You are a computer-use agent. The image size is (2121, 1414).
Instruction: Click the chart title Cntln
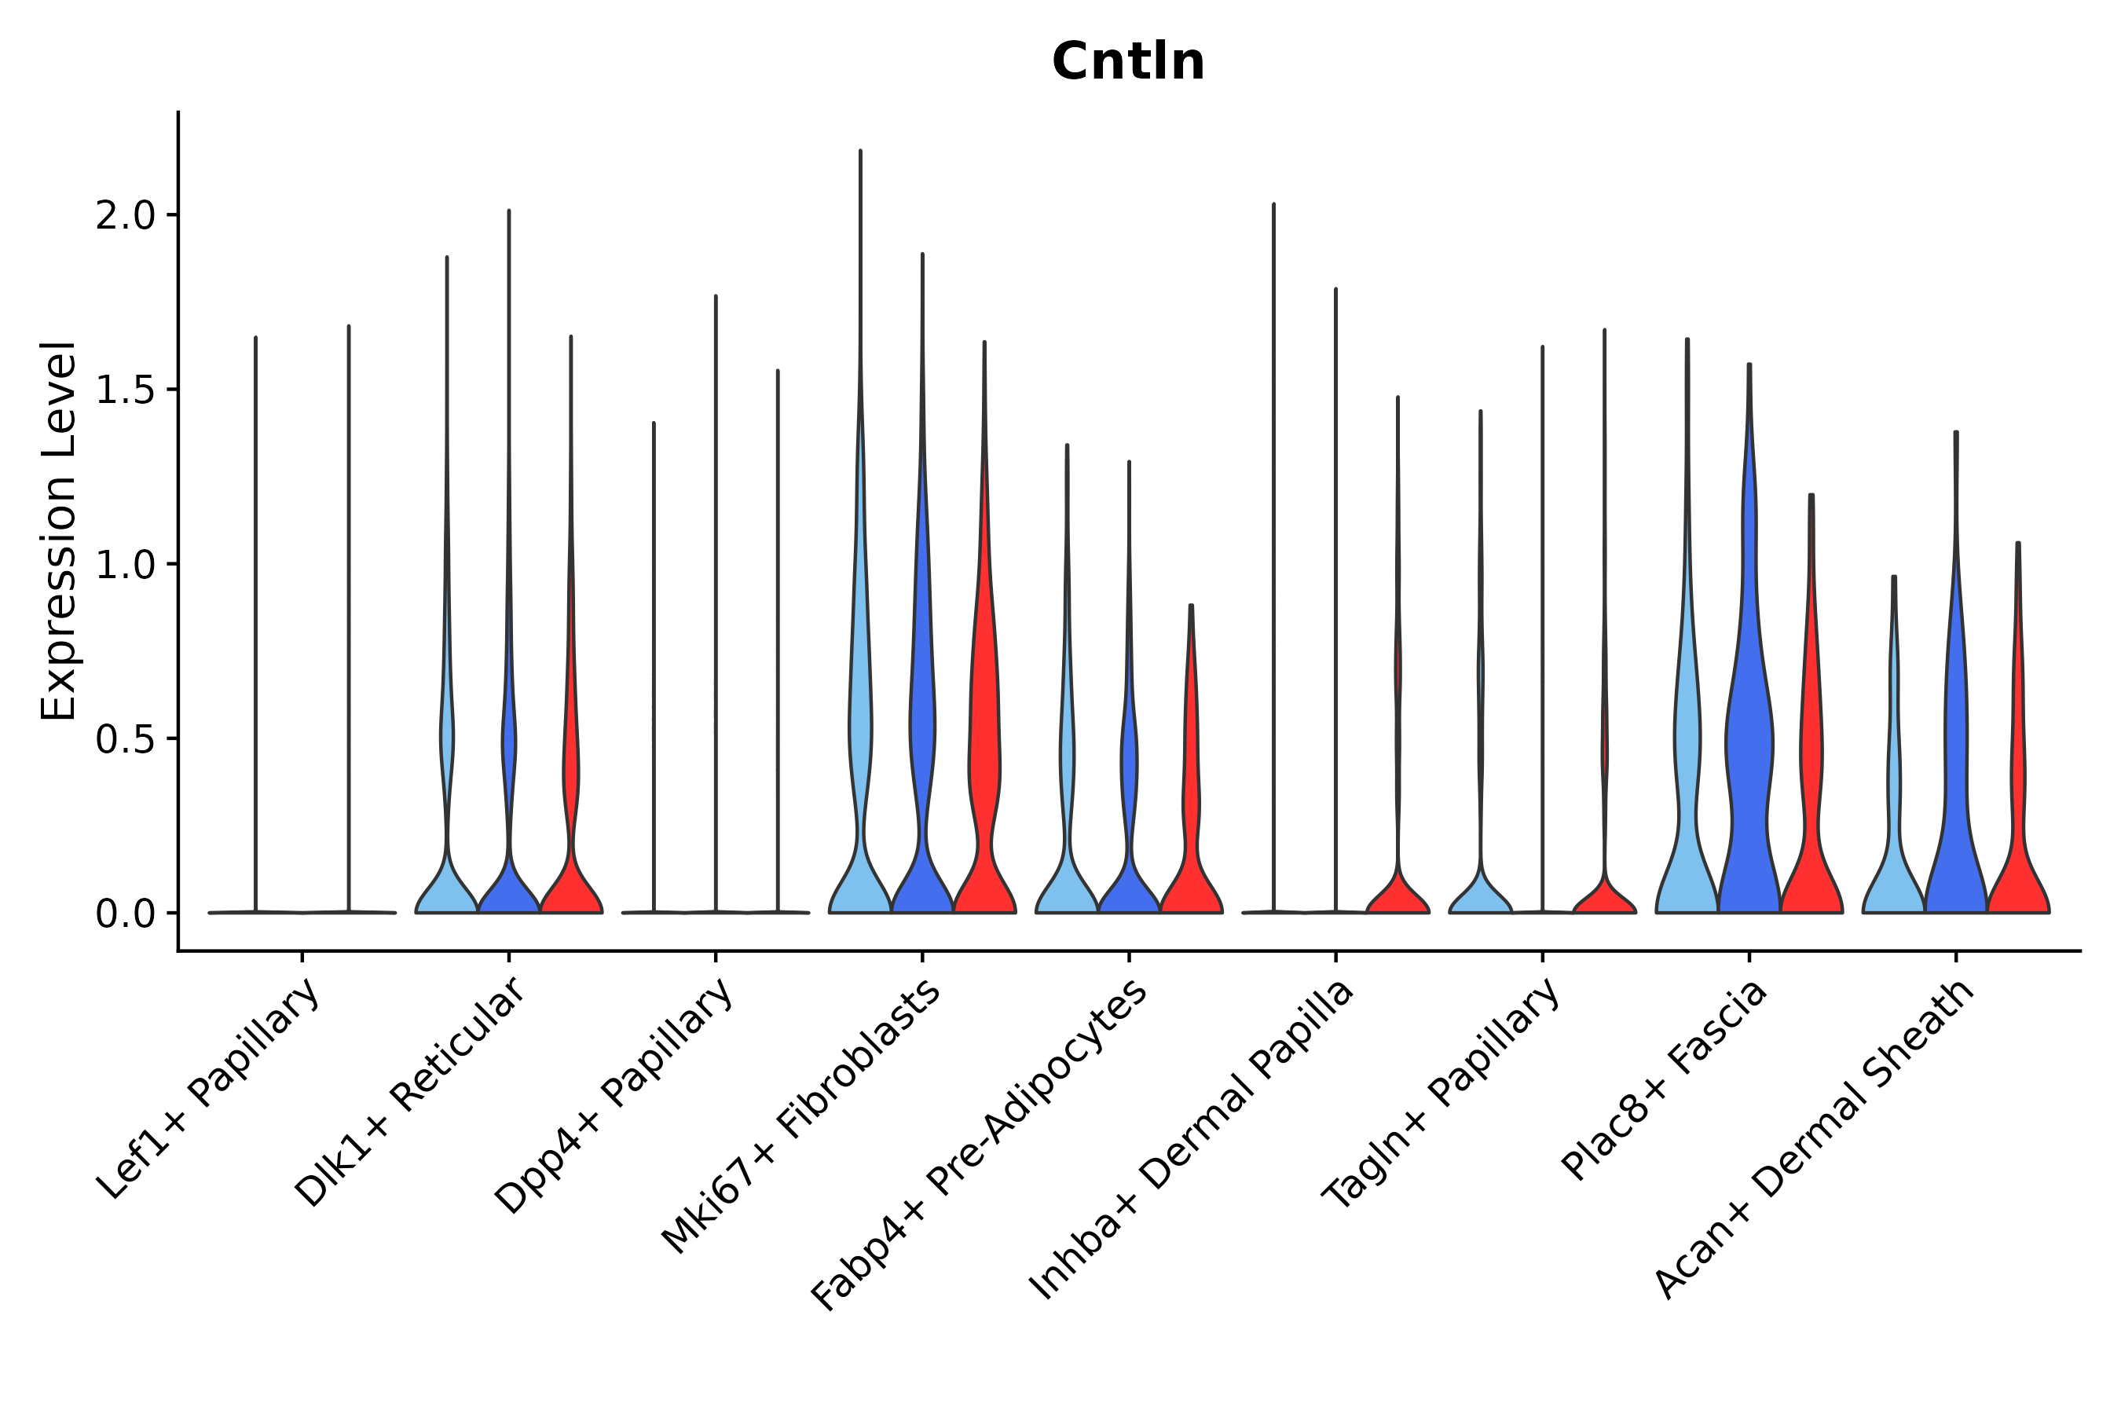pos(1127,62)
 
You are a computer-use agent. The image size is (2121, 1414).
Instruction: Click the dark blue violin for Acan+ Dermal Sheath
pos(1956,811)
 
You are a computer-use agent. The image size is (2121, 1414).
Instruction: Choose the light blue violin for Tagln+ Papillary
pos(1480,892)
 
